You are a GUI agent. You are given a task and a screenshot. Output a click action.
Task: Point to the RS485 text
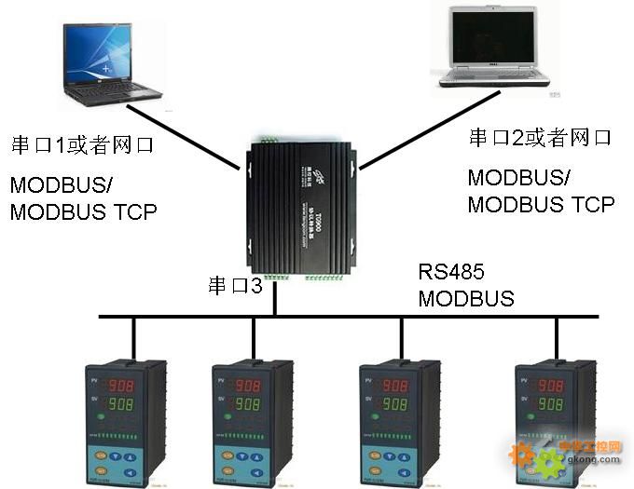pos(451,272)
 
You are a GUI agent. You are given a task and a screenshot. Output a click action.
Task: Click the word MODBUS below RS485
pos(465,299)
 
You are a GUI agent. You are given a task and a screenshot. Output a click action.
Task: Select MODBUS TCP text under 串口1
pos(83,212)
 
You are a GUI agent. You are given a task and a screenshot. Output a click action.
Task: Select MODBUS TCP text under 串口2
pos(541,205)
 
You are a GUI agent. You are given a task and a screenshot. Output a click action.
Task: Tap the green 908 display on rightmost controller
pos(551,404)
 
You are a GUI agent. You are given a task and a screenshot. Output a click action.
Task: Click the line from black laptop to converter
pos(182,137)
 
